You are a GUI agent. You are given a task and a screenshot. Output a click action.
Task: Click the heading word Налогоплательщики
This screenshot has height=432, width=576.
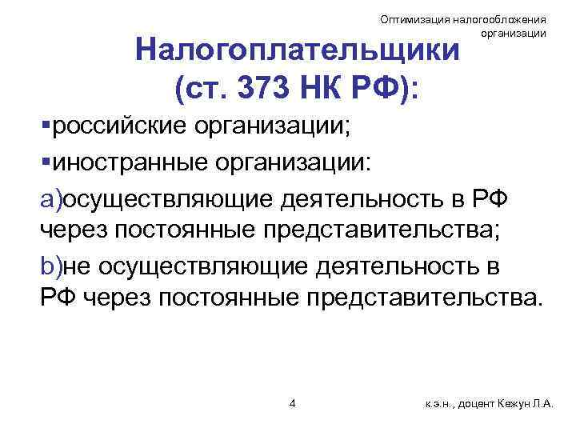tap(298, 51)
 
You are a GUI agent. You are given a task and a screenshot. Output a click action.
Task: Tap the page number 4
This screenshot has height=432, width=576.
tap(292, 402)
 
